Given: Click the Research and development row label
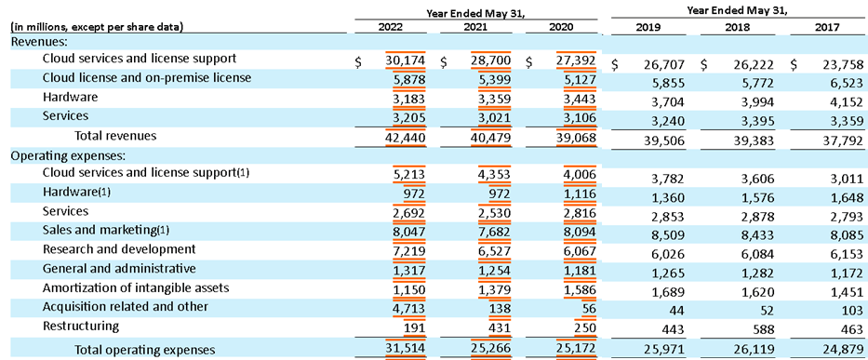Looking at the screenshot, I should tap(119, 249).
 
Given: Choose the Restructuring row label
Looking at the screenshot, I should tap(81, 327).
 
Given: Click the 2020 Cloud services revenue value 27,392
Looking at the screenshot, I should tap(572, 60).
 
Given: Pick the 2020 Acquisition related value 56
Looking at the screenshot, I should tap(583, 307).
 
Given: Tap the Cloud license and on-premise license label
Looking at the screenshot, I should tap(147, 78).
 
